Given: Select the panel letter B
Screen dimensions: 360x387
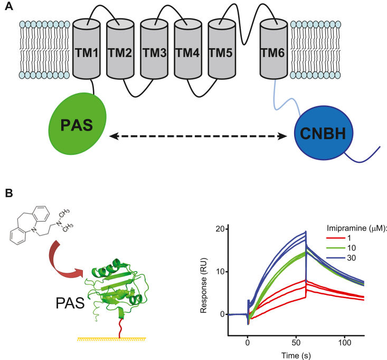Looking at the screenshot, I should (9, 194).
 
